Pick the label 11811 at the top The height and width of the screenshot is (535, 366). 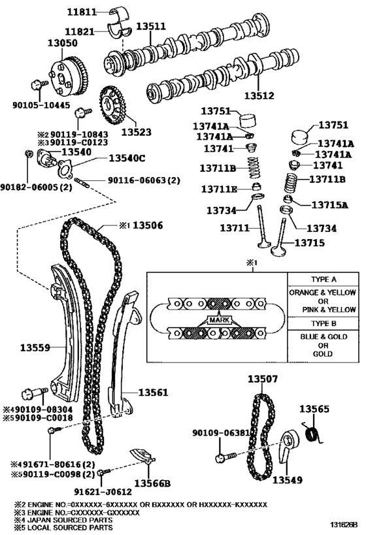(82, 11)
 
